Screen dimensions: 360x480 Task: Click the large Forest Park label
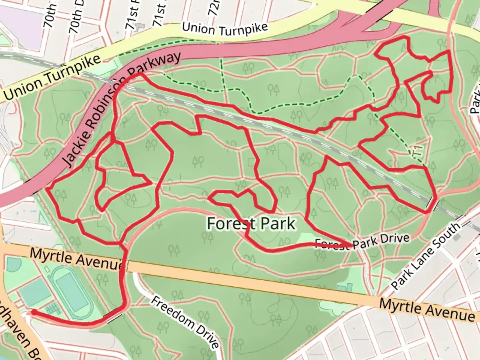tap(251, 223)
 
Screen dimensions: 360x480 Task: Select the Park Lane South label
tap(426, 256)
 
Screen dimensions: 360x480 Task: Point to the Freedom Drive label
tap(185, 321)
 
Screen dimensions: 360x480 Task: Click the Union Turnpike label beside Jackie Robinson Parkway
tap(52, 78)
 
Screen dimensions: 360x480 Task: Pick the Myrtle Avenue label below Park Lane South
tap(427, 310)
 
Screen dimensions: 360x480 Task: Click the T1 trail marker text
tap(417, 150)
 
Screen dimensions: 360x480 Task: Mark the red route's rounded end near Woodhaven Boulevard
tap(34, 312)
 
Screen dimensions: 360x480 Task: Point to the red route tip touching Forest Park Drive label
tap(350, 246)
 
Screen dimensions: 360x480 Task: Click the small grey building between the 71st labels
tap(141, 26)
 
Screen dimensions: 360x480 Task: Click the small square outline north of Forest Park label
tap(251, 162)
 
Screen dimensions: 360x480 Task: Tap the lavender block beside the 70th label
tap(20, 20)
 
